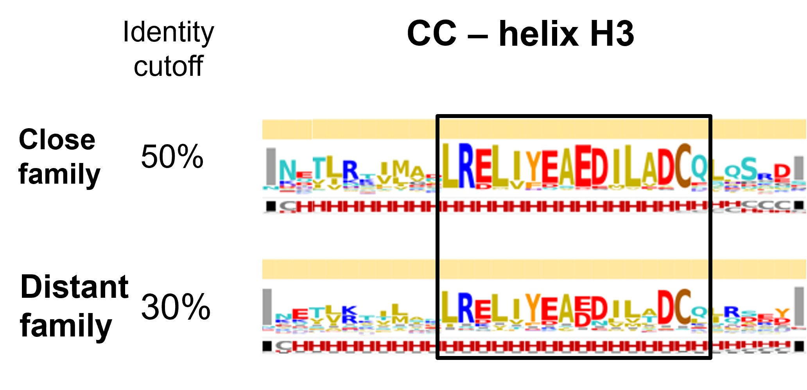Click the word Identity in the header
click(x=168, y=33)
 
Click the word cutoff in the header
click(x=168, y=66)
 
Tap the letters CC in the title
click(x=431, y=34)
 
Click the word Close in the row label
click(x=57, y=140)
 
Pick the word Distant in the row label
click(x=74, y=287)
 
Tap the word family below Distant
click(x=66, y=326)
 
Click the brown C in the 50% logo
click(x=683, y=166)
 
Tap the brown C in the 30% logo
click(x=683, y=308)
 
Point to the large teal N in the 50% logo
click(x=287, y=171)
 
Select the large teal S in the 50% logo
click(x=749, y=169)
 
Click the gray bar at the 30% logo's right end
click(x=799, y=306)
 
